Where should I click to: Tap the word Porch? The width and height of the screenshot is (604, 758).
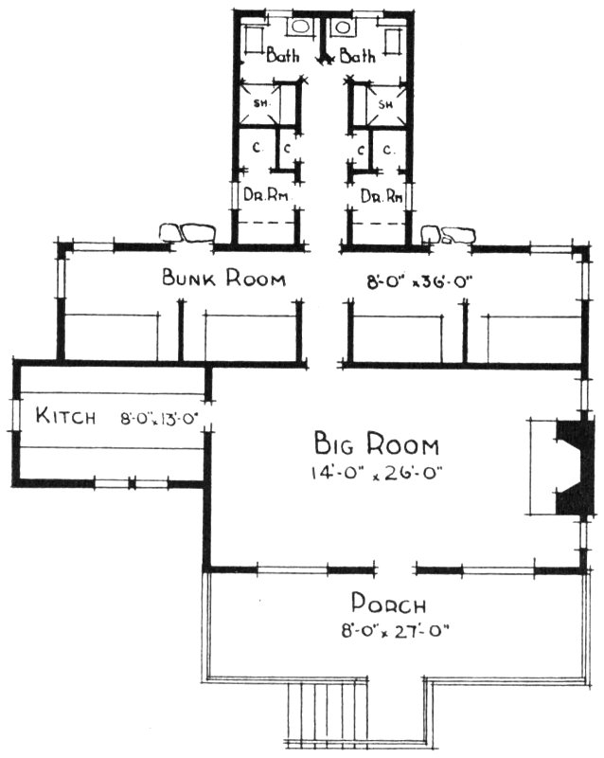(x=387, y=604)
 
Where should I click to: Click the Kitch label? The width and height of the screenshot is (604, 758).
(x=65, y=415)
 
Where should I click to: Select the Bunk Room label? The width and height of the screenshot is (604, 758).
(x=223, y=280)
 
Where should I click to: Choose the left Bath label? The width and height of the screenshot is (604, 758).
(x=283, y=56)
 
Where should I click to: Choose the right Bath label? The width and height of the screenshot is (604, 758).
(x=358, y=56)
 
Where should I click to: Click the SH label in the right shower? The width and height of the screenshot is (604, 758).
(x=385, y=103)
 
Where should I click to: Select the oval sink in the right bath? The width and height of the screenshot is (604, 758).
(x=339, y=27)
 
